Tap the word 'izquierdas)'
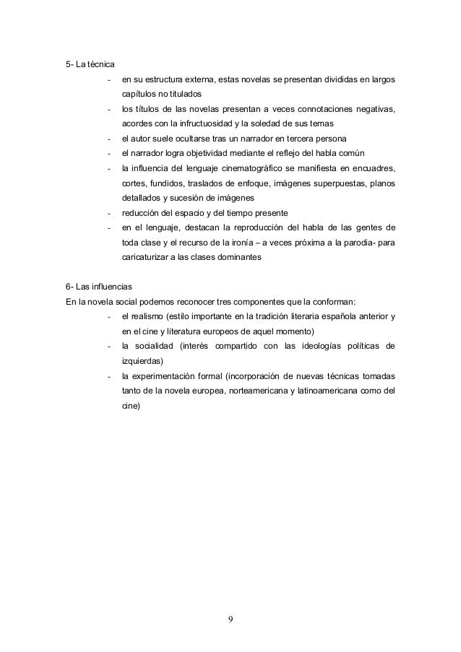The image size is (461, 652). pos(143,361)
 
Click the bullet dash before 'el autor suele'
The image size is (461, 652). pos(108,139)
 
